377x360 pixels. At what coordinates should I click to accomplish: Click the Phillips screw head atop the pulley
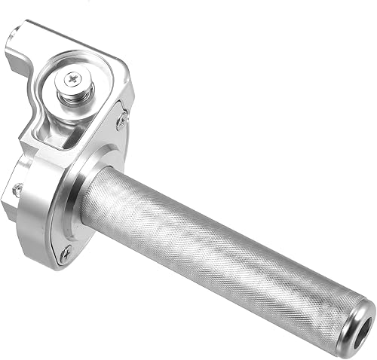(73, 78)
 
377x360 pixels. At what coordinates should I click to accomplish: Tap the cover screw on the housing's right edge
(121, 120)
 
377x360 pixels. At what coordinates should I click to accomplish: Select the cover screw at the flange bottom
(66, 252)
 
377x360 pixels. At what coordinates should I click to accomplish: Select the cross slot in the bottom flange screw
(66, 252)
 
